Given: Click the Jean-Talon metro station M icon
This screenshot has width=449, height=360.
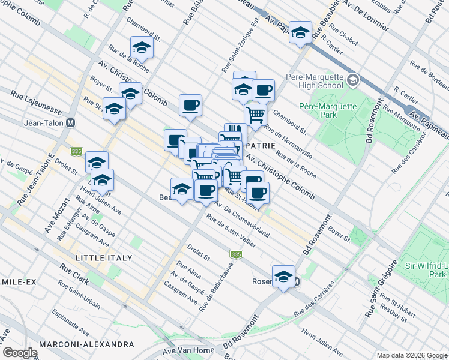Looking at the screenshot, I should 71,122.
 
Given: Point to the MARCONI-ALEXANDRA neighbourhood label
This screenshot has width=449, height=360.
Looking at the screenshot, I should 86,344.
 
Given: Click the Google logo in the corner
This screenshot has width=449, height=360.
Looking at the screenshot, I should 20,353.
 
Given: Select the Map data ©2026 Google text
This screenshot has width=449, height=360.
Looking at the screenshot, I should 411,355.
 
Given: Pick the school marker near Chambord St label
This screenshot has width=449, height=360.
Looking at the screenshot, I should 142,47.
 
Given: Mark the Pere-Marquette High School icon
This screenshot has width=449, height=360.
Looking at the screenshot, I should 353,79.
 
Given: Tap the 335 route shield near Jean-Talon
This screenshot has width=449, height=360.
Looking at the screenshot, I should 76,152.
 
